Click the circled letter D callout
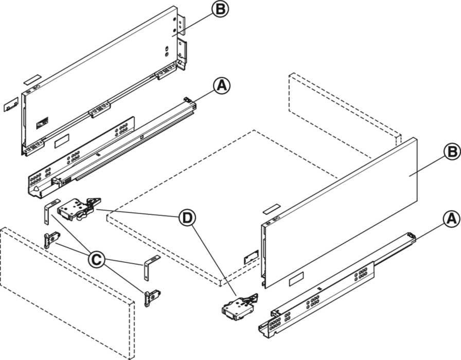tap(187, 218)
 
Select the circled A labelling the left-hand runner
tap(222, 85)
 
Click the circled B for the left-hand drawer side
tap(220, 9)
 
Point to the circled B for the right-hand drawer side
tap(452, 152)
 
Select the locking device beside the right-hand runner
tap(240, 307)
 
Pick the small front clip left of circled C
tap(51, 240)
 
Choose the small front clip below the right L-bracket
tap(151, 298)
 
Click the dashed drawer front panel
tap(67, 293)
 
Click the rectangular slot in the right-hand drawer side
tap(296, 279)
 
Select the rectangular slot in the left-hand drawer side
tap(62, 140)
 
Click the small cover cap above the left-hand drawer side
tap(32, 79)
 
